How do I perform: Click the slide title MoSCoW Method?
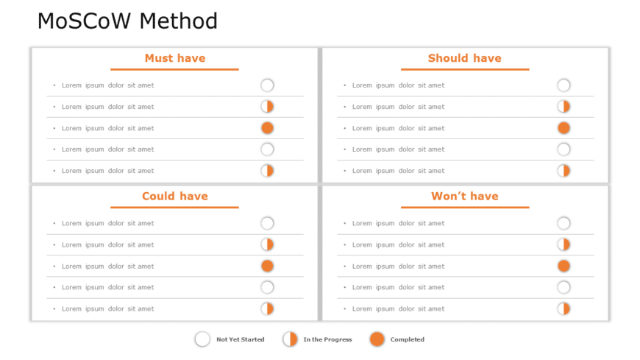coord(127,21)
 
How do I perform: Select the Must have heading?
coord(175,58)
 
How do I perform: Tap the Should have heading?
coord(464,58)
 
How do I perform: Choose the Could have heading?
coord(175,196)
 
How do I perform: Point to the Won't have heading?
coord(464,196)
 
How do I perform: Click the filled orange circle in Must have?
coord(267,128)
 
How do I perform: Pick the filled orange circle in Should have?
coord(563,128)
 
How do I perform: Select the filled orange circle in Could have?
coord(267,266)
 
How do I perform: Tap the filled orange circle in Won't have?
coord(563,266)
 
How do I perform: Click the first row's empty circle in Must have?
coord(267,85)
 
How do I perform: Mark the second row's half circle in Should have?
coord(563,107)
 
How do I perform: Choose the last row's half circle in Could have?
coord(267,308)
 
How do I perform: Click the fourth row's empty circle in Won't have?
coord(563,287)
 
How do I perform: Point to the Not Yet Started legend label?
coord(240,339)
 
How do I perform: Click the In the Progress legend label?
coord(327,339)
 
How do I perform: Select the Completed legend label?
coord(407,339)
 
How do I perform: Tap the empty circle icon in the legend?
coord(202,339)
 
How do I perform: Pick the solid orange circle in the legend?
coord(377,339)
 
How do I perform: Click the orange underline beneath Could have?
coord(175,208)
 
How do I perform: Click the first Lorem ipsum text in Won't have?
coord(398,223)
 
